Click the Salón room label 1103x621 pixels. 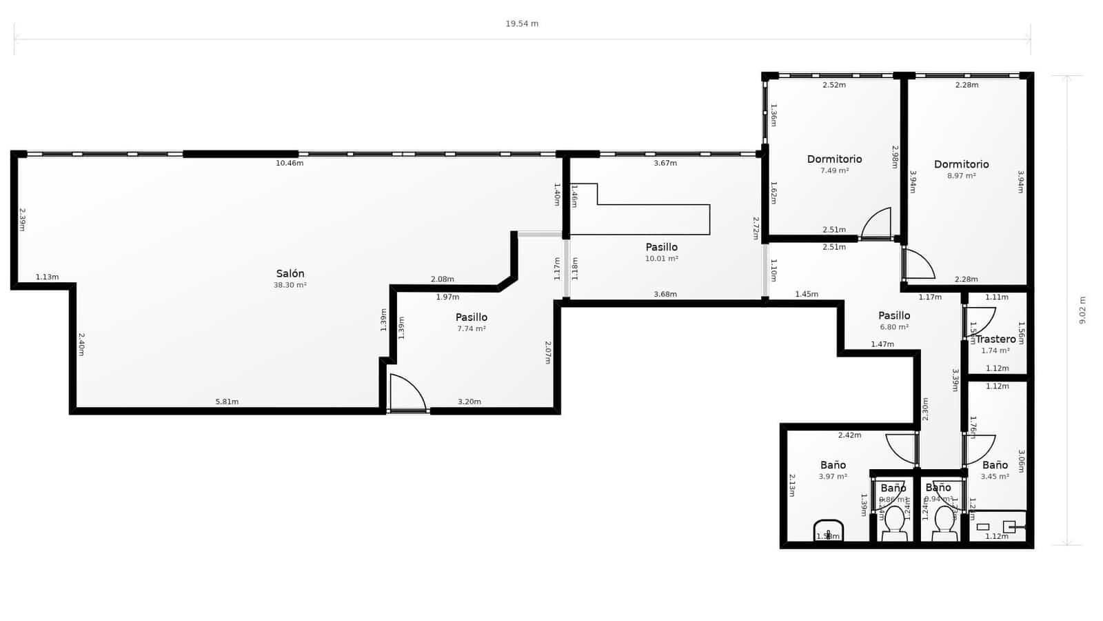click(290, 274)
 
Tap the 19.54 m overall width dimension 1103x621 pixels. click(522, 23)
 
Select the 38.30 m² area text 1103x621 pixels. click(290, 285)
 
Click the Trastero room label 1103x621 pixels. click(995, 339)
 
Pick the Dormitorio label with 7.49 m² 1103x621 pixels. click(834, 159)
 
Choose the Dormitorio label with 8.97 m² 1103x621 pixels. click(961, 164)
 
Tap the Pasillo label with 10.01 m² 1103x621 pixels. click(661, 247)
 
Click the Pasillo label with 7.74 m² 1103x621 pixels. click(472, 317)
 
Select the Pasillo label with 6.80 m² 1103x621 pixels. click(894, 316)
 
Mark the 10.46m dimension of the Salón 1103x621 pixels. click(290, 163)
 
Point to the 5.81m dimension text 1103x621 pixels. click(227, 402)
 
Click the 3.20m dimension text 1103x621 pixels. click(469, 402)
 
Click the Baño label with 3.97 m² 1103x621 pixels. click(833, 465)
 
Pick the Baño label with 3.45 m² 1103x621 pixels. click(995, 465)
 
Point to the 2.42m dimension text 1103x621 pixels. click(849, 435)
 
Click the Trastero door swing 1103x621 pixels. click(980, 322)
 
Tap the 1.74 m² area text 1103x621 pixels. click(995, 351)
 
